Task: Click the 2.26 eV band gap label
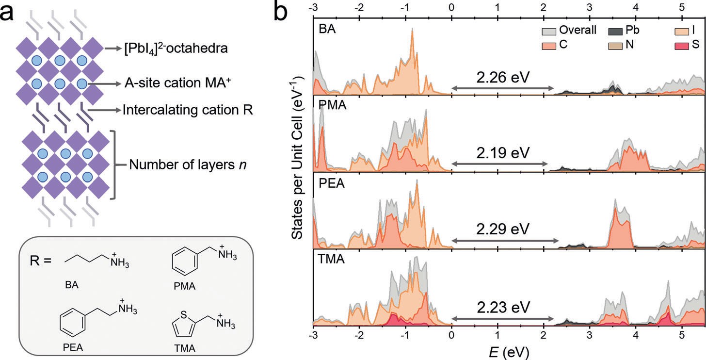click(502, 77)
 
